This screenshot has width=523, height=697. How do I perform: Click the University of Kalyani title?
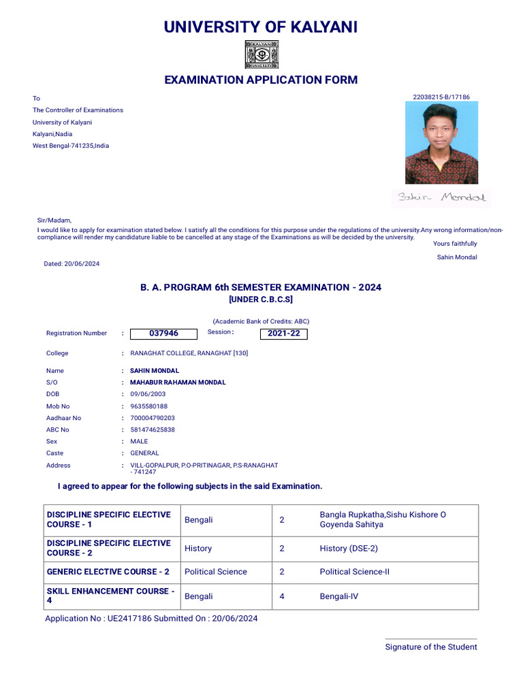[261, 27]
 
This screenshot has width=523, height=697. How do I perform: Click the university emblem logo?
[261, 54]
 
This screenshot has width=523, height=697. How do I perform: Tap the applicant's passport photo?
[441, 143]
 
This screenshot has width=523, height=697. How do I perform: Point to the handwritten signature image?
[441, 198]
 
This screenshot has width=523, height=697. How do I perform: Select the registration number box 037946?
[163, 334]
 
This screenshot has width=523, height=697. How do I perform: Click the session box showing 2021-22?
[284, 334]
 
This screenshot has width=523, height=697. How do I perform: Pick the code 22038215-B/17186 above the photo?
[441, 97]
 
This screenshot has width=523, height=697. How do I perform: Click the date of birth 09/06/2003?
[148, 394]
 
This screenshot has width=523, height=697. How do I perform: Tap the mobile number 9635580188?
[148, 406]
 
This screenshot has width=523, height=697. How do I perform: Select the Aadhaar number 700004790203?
[153, 418]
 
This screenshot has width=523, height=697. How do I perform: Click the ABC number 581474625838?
[153, 429]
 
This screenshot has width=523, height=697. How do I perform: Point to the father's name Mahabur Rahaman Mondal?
[178, 383]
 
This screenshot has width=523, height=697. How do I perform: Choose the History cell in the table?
[198, 549]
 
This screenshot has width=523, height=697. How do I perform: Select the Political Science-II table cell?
[355, 572]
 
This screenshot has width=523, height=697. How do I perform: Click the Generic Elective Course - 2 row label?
[108, 572]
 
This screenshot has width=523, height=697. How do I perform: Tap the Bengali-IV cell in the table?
[338, 596]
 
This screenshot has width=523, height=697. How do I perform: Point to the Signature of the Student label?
[431, 647]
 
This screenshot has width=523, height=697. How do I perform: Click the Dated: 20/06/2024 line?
[72, 263]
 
